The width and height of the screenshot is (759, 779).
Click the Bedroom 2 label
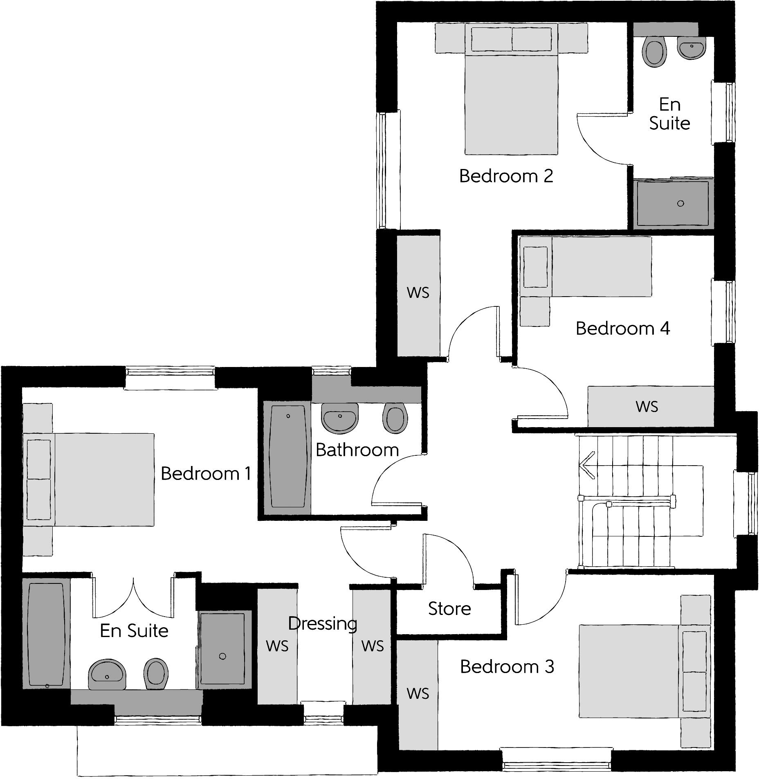click(506, 176)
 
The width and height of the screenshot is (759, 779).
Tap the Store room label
click(449, 609)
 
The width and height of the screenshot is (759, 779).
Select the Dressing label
click(323, 624)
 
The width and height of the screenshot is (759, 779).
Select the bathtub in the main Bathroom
click(287, 457)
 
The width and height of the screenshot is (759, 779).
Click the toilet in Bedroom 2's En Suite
click(655, 52)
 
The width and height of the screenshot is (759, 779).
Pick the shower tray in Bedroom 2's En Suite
click(672, 203)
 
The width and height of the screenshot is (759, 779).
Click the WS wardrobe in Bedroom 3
click(418, 693)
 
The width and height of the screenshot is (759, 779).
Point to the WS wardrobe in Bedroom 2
click(418, 293)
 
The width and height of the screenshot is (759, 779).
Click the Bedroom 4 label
click(622, 329)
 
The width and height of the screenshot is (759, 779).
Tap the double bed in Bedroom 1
click(90, 480)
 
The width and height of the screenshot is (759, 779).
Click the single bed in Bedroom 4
click(586, 267)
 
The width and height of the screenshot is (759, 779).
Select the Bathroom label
click(357, 450)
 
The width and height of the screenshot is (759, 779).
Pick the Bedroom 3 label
click(507, 667)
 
